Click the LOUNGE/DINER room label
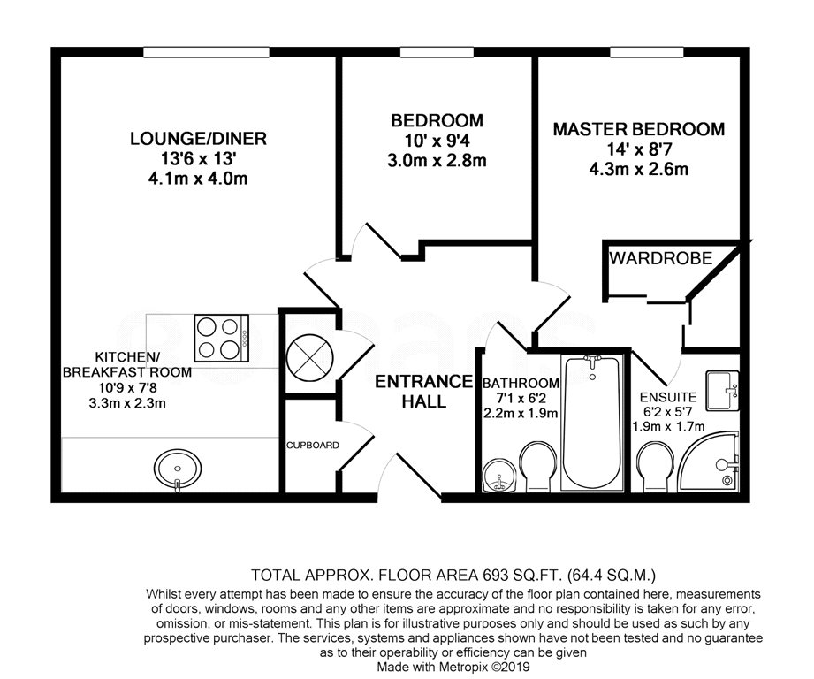[198, 139]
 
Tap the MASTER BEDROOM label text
[638, 129]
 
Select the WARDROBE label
[661, 258]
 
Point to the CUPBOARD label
[313, 446]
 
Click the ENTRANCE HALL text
[423, 392]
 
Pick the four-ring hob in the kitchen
[222, 338]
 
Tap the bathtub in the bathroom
[592, 422]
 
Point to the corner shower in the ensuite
[708, 461]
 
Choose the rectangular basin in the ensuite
[722, 391]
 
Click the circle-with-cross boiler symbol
[310, 357]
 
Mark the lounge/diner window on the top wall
[206, 52]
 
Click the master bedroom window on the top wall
[647, 52]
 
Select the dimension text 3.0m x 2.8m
[437, 160]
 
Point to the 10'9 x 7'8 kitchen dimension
[127, 387]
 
